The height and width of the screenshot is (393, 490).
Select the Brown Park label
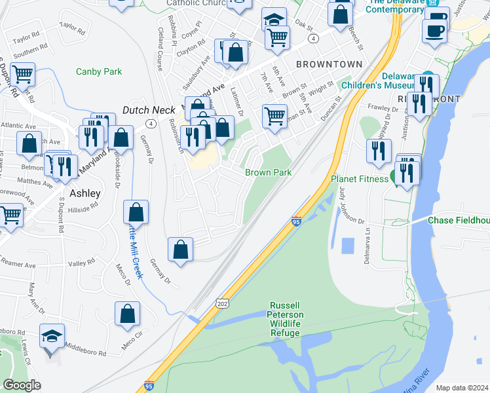[268, 172]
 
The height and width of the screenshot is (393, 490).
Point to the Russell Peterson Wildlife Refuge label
[286, 319]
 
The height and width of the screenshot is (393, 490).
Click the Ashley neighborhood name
[85, 193]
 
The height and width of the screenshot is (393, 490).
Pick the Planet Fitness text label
[360, 178]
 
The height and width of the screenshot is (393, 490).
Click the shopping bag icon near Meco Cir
[128, 314]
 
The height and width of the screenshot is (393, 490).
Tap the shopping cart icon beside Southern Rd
[23, 75]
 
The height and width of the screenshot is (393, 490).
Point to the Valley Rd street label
[82, 263]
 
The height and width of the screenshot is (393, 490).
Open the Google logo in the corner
[21, 385]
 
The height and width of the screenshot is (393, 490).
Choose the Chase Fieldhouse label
[459, 221]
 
